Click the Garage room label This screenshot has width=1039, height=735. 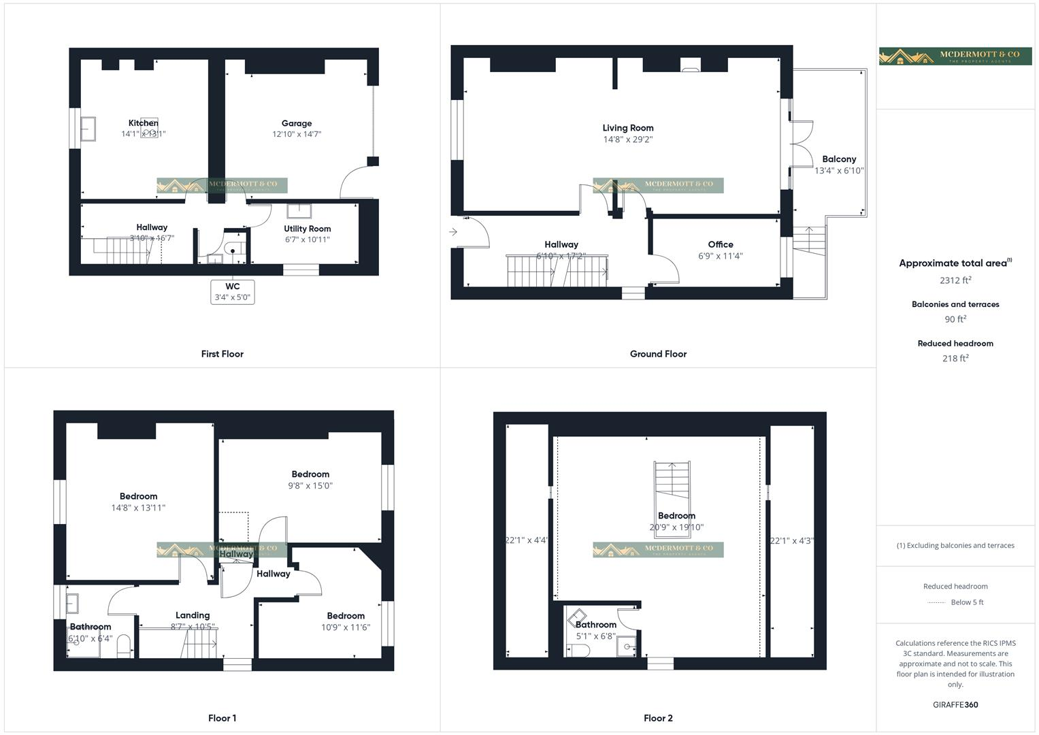(297, 123)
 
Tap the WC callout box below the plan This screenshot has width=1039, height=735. (232, 292)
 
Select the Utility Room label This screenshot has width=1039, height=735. (308, 229)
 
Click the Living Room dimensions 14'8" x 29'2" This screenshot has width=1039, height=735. (627, 140)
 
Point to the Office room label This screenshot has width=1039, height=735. (720, 244)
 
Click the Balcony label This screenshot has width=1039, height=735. (838, 159)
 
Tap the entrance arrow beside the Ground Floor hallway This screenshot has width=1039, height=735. (453, 233)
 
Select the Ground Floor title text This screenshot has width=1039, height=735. (658, 354)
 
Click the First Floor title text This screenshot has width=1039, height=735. (222, 354)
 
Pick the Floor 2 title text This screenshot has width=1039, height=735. (658, 718)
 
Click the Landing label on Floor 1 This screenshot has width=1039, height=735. (193, 615)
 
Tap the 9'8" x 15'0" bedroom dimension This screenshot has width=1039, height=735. (310, 486)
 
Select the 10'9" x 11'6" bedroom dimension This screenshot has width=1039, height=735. (346, 627)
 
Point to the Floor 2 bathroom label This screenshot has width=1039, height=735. (596, 625)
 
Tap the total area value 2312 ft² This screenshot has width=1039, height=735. (955, 280)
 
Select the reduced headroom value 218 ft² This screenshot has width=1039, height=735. (955, 359)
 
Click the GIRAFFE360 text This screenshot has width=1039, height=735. (955, 705)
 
